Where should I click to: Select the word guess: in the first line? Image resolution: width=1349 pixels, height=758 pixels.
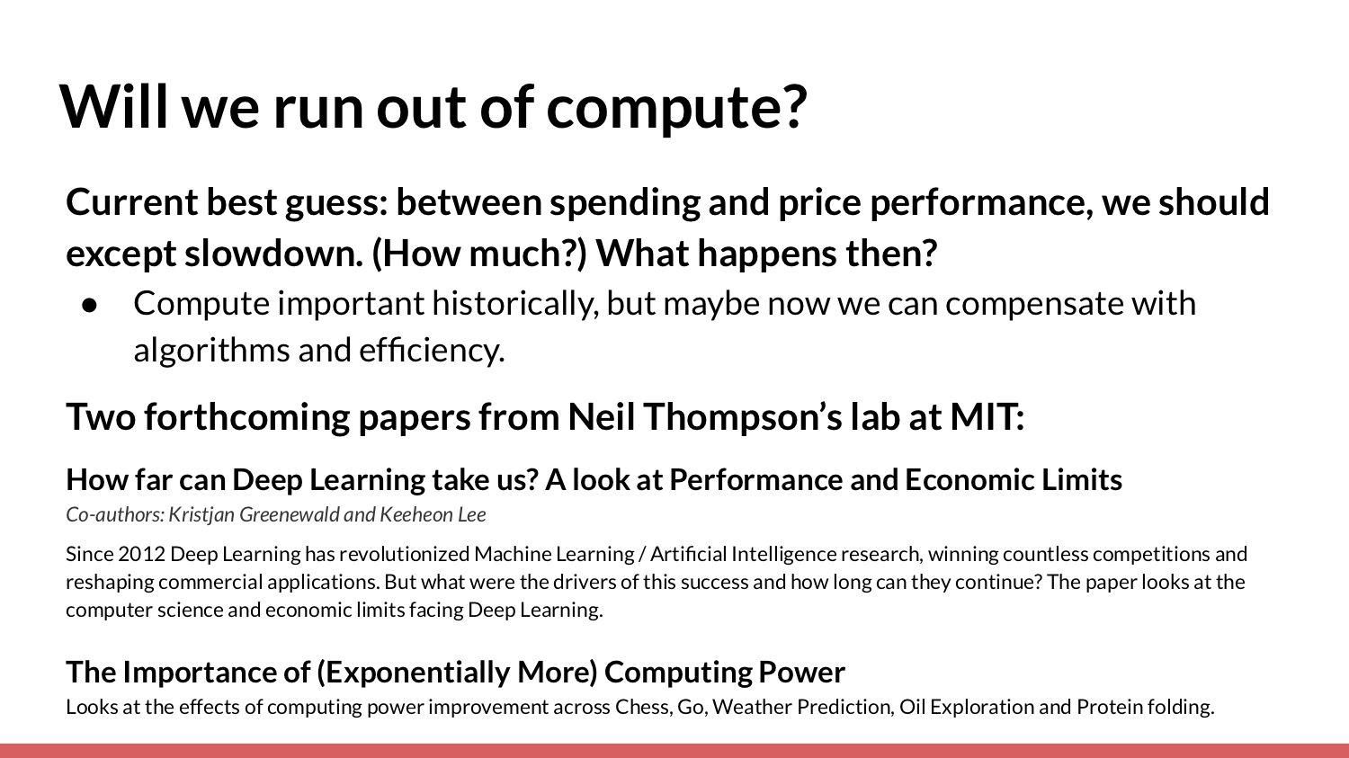coord(336,203)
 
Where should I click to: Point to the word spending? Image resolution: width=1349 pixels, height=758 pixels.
coord(624,203)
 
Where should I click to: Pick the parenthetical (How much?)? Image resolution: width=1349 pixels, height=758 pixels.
coord(478,254)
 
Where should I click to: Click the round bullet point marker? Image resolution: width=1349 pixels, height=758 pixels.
coord(89,305)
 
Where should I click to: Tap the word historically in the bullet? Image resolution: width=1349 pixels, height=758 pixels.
coord(515,303)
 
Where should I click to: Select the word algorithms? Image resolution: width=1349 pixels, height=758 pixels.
coord(211,351)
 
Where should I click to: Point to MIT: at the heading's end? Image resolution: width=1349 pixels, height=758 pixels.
coord(987,416)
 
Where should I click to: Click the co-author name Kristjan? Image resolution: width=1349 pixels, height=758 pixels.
coord(201,514)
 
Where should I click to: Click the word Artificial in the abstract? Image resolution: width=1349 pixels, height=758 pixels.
coord(688,554)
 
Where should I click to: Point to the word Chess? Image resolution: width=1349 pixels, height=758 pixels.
coord(643,707)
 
